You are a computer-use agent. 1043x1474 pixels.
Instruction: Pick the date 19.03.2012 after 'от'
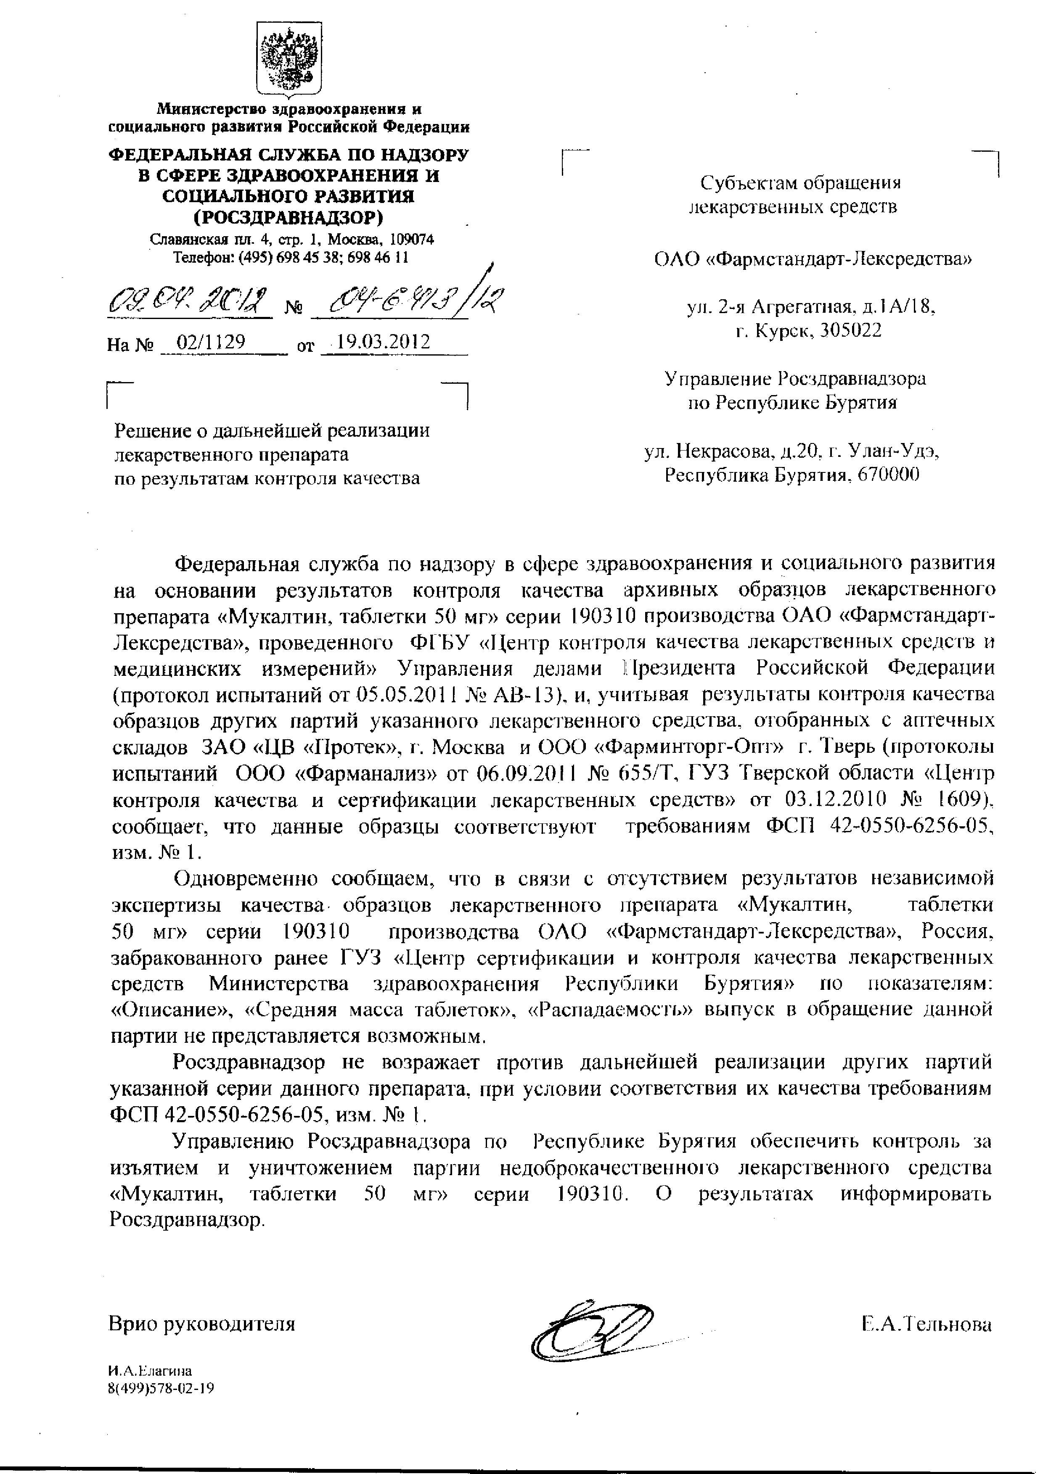384,342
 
